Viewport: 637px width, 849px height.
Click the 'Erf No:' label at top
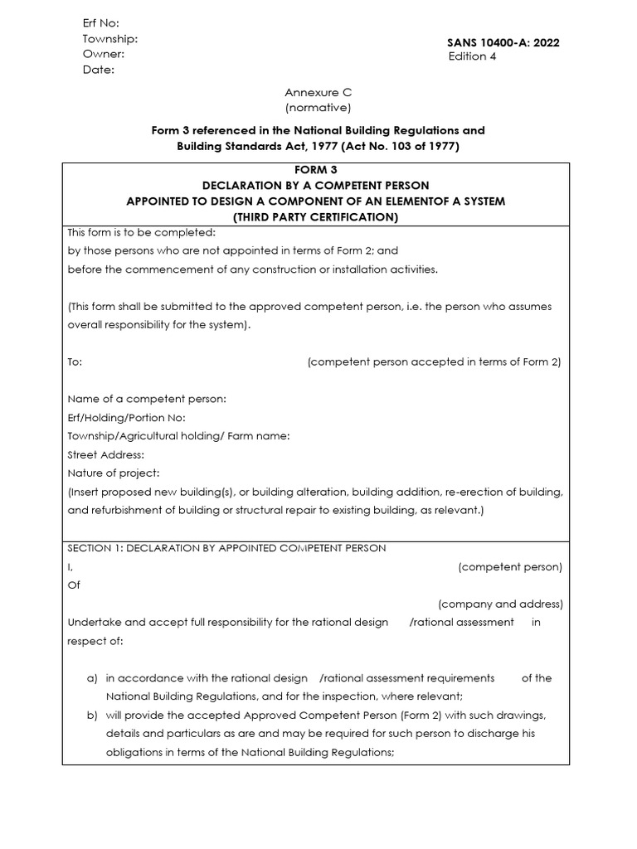point(100,23)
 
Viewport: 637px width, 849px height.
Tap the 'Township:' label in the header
point(109,39)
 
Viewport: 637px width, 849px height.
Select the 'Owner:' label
point(103,54)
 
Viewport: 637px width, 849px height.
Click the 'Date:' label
point(98,70)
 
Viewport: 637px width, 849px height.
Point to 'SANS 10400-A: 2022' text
point(503,42)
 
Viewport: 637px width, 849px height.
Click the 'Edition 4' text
point(472,56)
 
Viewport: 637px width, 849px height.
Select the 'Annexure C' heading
point(318,93)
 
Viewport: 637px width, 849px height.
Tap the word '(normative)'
point(318,108)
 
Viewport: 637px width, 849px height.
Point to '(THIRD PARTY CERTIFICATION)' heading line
point(315,217)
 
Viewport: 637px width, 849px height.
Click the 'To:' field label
point(75,362)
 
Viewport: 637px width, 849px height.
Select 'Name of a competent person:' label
point(146,399)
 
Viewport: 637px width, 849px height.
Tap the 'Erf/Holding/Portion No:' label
point(126,417)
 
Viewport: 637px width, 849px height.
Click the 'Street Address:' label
point(105,454)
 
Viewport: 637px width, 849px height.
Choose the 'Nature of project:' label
point(113,473)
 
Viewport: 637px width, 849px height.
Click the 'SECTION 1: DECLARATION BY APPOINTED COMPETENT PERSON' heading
point(226,548)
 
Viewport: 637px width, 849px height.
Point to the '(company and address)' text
point(500,604)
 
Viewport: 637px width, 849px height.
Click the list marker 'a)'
point(92,678)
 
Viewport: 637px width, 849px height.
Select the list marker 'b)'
point(92,715)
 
